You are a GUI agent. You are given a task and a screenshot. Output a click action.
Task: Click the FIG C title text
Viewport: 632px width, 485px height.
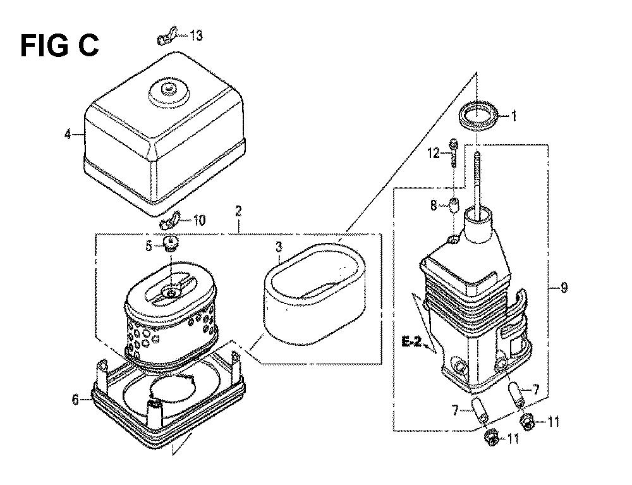(x=59, y=46)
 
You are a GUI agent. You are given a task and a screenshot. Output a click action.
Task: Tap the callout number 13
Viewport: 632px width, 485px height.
(x=196, y=36)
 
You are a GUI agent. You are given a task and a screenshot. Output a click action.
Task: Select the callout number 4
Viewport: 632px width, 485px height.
(x=68, y=134)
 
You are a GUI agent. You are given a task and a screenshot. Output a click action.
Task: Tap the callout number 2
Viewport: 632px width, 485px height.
(x=239, y=211)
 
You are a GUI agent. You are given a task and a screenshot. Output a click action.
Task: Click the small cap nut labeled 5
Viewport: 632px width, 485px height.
(x=171, y=243)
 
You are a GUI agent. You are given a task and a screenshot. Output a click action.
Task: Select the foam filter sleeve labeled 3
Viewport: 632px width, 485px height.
(x=315, y=293)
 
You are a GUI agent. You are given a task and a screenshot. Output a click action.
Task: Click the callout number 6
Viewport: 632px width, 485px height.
(x=75, y=400)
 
